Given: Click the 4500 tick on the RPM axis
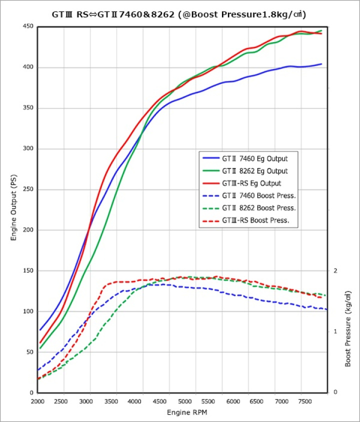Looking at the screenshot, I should point(159,401).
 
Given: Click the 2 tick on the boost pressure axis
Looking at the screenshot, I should point(335,270).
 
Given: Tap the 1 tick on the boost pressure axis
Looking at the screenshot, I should point(335,331).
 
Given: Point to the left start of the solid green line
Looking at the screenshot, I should point(40,348).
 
